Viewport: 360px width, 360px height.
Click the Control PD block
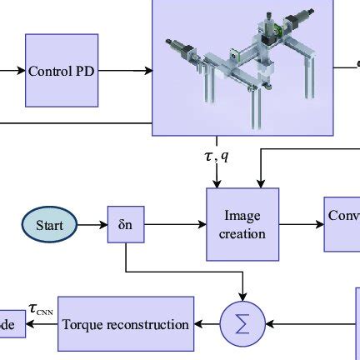click(x=62, y=71)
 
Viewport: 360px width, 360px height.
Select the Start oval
click(x=48, y=224)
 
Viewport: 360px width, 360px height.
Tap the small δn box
click(x=125, y=224)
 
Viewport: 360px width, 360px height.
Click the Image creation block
click(x=242, y=224)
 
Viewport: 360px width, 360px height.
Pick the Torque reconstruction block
click(x=126, y=323)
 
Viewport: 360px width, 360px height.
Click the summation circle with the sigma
click(x=242, y=323)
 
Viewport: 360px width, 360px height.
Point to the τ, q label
click(x=217, y=156)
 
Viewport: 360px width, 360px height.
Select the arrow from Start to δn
click(x=92, y=224)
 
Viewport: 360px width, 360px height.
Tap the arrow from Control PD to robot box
click(x=125, y=71)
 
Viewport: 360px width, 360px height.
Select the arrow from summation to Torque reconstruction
click(x=207, y=323)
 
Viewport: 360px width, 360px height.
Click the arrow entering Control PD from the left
click(x=12, y=71)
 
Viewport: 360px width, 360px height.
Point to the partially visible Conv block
click(x=342, y=224)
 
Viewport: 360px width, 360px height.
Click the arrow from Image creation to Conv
click(x=301, y=224)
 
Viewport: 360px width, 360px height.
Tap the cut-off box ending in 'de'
click(x=12, y=323)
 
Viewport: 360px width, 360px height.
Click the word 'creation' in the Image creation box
click(x=242, y=233)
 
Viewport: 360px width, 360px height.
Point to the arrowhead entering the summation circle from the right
click(x=268, y=323)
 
